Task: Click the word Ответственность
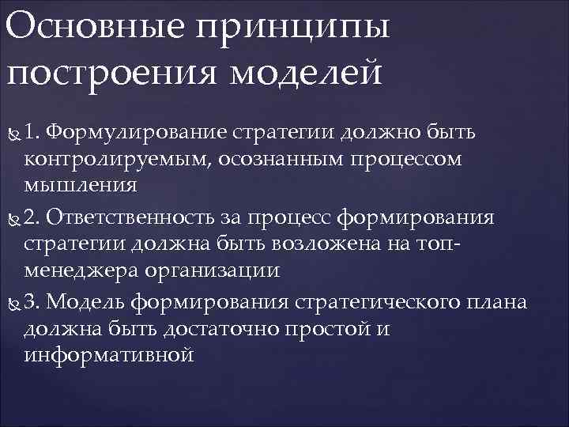(x=139, y=216)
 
